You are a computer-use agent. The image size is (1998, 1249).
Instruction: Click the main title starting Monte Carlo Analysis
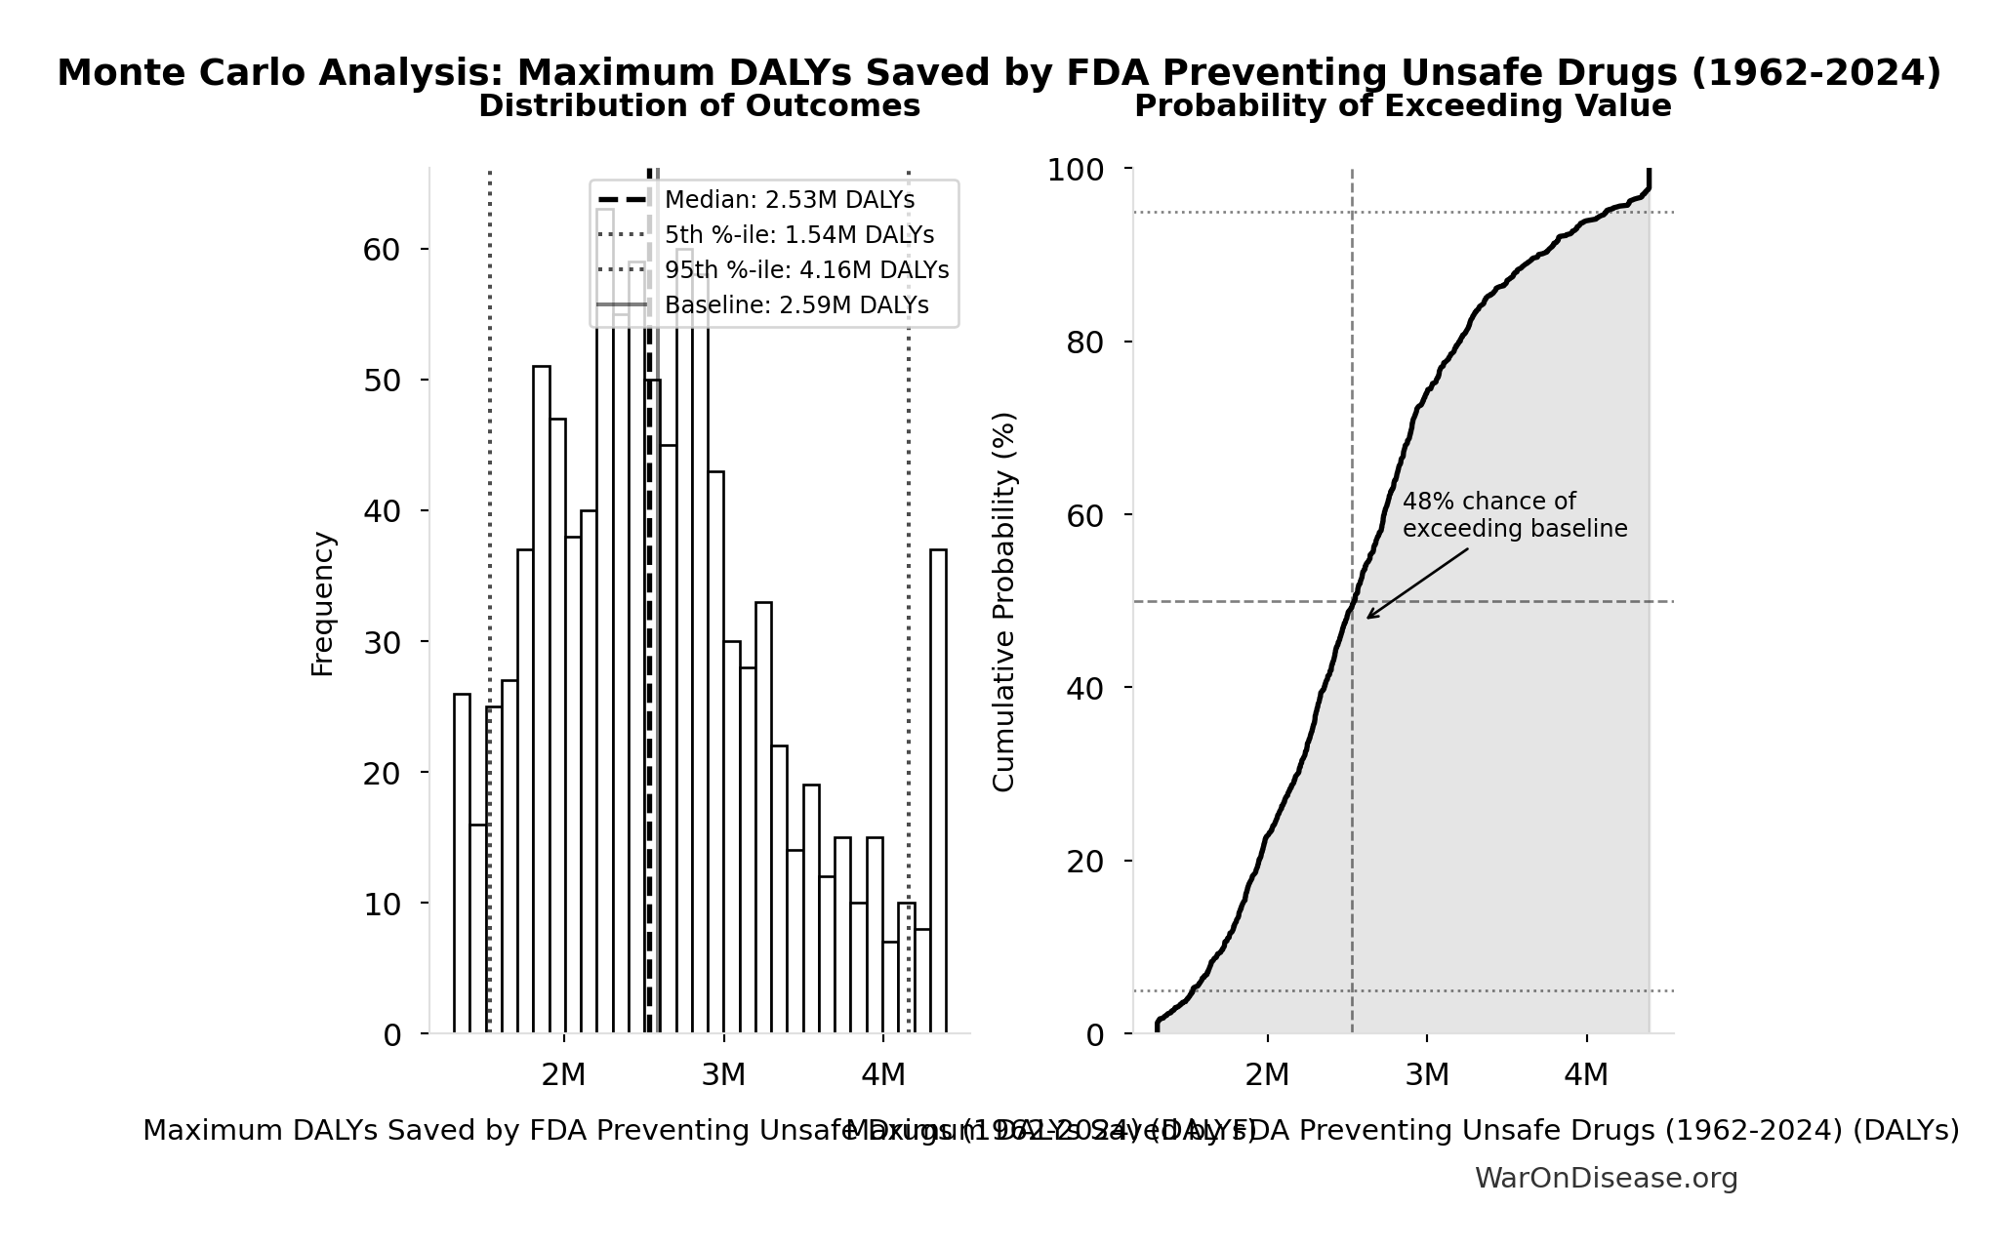(999, 73)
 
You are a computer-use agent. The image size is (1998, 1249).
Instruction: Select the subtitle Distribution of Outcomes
(699, 105)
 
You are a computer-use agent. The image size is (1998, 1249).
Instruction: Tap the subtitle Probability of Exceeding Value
(1403, 105)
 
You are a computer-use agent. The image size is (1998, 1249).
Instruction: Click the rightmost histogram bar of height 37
(938, 790)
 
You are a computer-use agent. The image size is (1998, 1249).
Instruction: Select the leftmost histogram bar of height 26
(462, 864)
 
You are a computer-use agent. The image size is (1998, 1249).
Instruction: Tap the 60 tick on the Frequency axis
(382, 250)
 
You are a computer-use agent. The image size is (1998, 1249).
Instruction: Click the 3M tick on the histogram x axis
(723, 1074)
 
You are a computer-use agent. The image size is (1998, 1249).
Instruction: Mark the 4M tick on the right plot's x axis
(1586, 1074)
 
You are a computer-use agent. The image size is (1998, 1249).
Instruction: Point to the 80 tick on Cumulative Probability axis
(1085, 342)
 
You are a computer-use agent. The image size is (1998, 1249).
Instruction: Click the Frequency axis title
(323, 603)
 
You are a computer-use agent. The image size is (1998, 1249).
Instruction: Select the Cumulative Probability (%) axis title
(1004, 601)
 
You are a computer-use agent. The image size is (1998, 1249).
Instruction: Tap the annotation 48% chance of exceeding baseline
(1514, 515)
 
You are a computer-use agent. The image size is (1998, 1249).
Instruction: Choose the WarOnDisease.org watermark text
(1606, 1179)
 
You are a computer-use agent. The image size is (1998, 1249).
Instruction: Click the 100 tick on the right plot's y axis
(1076, 170)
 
